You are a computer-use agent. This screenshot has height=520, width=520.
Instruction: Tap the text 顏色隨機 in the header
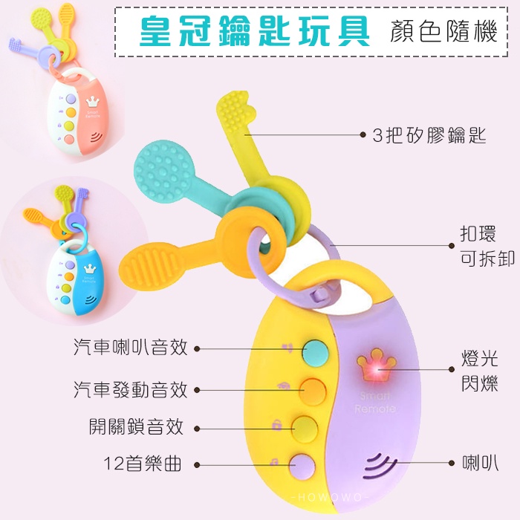(x=443, y=31)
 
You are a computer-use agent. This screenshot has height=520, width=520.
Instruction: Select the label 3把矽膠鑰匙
(x=429, y=135)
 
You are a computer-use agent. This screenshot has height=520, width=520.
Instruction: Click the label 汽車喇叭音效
(x=130, y=347)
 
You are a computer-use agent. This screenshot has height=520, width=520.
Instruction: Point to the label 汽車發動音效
(x=130, y=389)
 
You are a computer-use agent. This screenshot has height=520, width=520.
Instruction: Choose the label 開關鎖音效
(x=135, y=426)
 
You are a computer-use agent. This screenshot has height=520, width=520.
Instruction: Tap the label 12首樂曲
(x=142, y=465)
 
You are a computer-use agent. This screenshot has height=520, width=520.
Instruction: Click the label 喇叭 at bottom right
(x=479, y=463)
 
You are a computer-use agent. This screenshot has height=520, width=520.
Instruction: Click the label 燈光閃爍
(x=479, y=371)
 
